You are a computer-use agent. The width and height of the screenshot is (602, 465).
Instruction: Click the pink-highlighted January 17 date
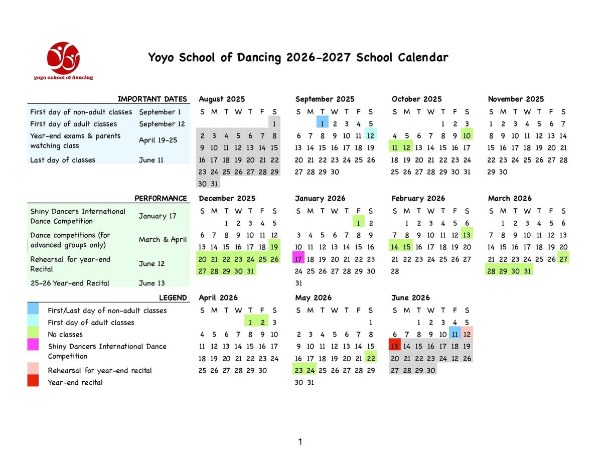[x=298, y=259]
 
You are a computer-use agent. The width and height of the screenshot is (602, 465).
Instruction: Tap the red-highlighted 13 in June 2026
[x=394, y=346]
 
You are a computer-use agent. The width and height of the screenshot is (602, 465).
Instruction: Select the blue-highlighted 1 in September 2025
[x=322, y=123]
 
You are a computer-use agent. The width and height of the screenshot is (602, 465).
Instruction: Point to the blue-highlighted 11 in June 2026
[x=455, y=334]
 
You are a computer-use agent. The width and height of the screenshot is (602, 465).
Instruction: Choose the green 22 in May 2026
[x=371, y=358]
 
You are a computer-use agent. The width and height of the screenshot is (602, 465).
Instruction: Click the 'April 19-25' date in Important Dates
[x=158, y=140]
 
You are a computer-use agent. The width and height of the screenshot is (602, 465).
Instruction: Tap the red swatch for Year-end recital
[x=33, y=382]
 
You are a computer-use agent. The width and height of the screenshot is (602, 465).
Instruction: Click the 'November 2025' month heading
[x=516, y=99]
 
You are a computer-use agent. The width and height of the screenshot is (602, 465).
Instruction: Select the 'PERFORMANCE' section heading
[x=161, y=198]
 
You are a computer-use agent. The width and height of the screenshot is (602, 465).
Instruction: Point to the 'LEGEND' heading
[x=173, y=297]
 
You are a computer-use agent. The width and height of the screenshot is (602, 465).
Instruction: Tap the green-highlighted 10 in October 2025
[x=467, y=135]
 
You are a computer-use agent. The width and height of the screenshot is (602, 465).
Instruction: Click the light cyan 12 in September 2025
[x=371, y=135]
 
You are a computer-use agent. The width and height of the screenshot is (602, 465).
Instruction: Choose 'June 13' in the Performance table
[x=152, y=283]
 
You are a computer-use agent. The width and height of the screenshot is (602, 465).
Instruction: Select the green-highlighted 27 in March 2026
[x=563, y=259]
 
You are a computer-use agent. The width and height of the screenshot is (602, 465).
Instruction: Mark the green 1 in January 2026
[x=359, y=223]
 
